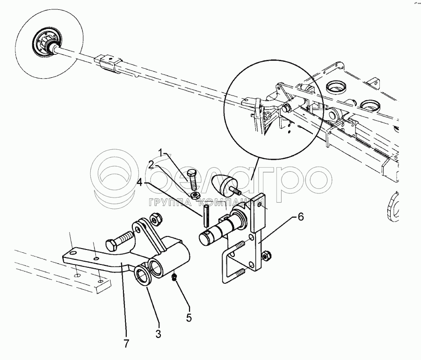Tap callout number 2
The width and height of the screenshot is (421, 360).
click(x=152, y=164)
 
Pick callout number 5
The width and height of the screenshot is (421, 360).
click(x=189, y=317)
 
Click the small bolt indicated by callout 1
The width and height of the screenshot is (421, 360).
click(x=192, y=177)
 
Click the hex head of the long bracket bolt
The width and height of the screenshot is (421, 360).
click(x=110, y=245)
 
